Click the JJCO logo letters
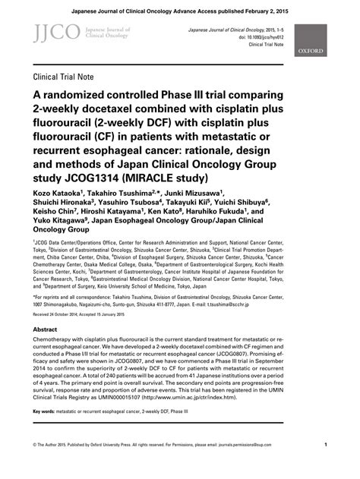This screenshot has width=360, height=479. point(48,31)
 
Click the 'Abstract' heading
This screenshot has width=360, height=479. point(46,308)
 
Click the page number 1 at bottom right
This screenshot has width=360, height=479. point(325,466)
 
